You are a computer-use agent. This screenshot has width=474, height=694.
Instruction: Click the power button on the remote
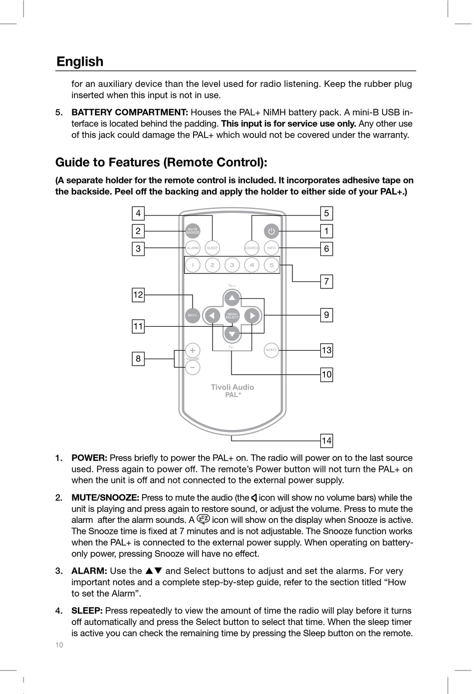(x=271, y=231)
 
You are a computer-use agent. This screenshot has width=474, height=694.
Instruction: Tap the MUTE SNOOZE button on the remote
(x=193, y=231)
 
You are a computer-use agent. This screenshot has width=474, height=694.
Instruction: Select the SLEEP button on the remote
(x=213, y=248)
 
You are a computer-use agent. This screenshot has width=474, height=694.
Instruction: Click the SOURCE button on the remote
(x=252, y=248)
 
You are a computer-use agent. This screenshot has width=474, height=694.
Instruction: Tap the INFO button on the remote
(x=271, y=248)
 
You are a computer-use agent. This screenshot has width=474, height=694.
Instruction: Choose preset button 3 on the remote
(x=232, y=265)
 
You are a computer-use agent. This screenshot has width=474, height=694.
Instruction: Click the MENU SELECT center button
(x=232, y=316)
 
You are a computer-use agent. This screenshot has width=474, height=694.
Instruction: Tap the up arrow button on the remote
(x=232, y=299)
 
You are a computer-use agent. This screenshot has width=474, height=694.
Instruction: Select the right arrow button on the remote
(x=252, y=316)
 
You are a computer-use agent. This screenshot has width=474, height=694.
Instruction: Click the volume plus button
(x=193, y=350)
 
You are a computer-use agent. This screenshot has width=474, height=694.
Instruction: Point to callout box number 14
(x=326, y=441)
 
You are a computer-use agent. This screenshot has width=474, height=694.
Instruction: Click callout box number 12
(x=138, y=295)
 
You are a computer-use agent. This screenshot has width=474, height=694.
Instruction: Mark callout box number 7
(x=326, y=281)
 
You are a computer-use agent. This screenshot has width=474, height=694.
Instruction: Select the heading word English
(x=80, y=61)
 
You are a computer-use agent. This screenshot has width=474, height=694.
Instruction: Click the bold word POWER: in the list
(x=89, y=458)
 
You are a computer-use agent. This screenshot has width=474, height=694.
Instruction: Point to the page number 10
(x=59, y=645)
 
